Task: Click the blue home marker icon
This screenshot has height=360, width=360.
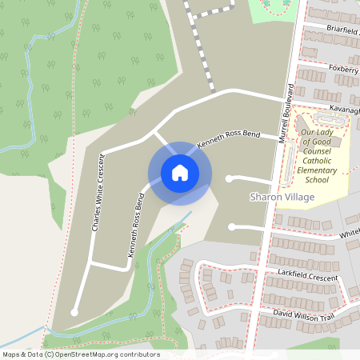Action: click(179, 173)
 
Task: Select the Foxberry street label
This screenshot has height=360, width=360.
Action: click(344, 69)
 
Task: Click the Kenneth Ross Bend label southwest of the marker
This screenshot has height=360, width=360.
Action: click(134, 223)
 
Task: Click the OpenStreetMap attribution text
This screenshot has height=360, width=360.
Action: click(81, 354)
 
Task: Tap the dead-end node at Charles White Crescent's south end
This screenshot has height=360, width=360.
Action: click(74, 312)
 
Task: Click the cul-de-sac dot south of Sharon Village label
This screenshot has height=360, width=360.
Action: click(232, 227)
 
